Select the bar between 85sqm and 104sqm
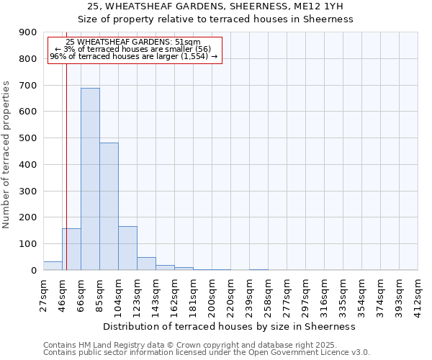click(x=109, y=206)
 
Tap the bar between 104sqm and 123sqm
click(x=127, y=248)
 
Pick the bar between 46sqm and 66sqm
click(x=71, y=249)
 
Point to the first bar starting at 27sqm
click(x=53, y=266)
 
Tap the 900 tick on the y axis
click(x=28, y=32)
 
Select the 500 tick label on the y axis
click(x=28, y=138)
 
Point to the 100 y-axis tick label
click(x=28, y=244)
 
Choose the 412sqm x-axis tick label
click(x=418, y=294)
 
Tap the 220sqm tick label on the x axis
click(x=231, y=294)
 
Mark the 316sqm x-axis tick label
click(x=325, y=294)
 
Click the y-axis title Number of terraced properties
click(x=7, y=155)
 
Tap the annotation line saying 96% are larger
click(x=133, y=56)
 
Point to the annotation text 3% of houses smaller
click(x=133, y=49)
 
